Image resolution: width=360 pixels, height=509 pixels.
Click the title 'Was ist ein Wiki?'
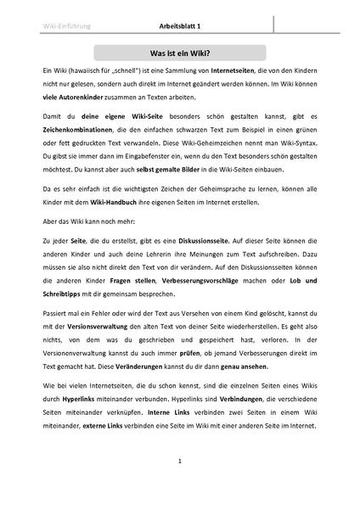[179, 52]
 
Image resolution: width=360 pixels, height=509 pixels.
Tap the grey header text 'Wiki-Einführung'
[64, 26]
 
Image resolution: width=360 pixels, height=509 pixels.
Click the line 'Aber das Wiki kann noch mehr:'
[89, 242]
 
